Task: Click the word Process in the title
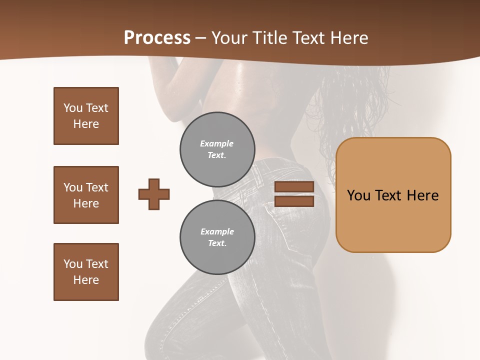click(x=157, y=38)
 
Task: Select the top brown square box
click(x=86, y=116)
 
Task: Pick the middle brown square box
click(x=86, y=195)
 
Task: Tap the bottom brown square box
click(x=86, y=272)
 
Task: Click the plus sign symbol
click(x=154, y=194)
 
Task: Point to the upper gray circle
click(x=217, y=149)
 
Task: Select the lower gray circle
click(x=217, y=237)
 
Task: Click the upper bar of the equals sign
click(x=294, y=186)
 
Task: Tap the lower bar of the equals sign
click(x=294, y=201)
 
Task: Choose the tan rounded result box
click(x=393, y=195)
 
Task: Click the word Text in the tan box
click(x=389, y=195)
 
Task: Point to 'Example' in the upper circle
click(x=217, y=143)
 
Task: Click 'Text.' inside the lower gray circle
click(x=217, y=243)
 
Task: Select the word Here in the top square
click(x=86, y=124)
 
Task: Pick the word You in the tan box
click(x=358, y=195)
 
